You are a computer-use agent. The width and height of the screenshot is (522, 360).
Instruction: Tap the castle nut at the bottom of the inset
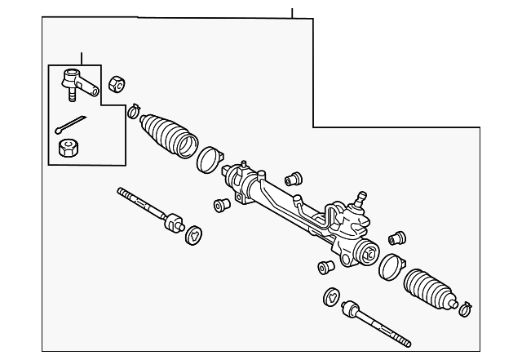pos(69,149)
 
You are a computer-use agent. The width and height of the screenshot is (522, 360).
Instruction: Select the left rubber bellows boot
pos(169,134)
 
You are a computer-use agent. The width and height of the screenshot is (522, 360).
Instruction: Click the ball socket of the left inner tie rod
pos(173,221)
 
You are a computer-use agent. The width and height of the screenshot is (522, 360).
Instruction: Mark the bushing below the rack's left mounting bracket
pos(219,205)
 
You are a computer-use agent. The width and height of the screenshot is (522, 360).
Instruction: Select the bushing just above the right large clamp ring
pos(398,238)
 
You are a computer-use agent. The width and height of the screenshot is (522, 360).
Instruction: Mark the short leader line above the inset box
pos(82,58)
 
